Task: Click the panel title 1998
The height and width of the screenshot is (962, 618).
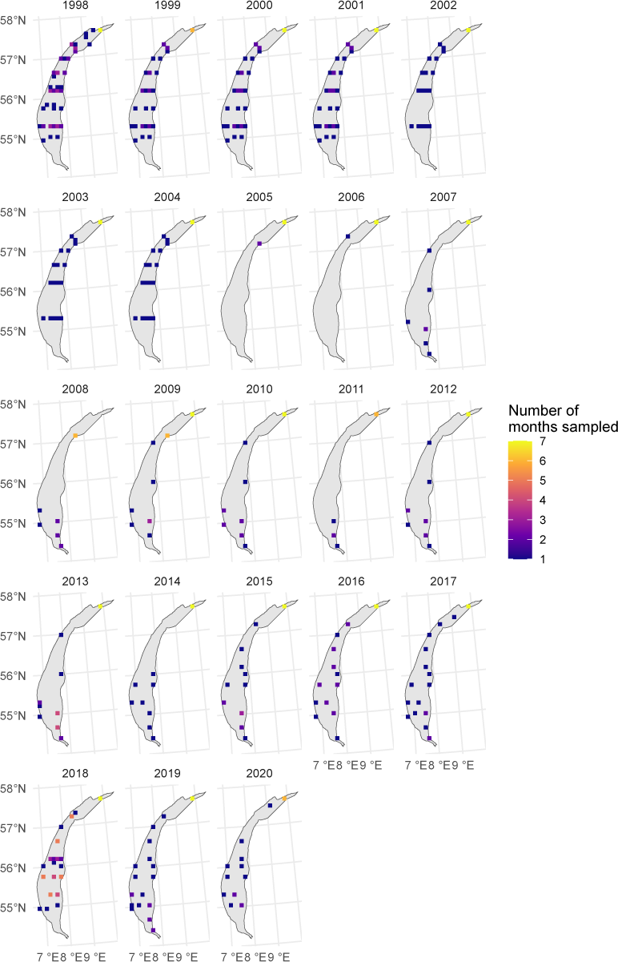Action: click(75, 5)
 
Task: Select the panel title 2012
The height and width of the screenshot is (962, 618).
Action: click(443, 389)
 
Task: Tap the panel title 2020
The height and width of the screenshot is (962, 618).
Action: click(259, 774)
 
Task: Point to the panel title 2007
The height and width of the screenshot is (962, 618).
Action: click(443, 197)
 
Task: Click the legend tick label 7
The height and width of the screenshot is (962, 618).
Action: click(543, 441)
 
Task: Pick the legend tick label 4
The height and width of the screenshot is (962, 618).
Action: click(543, 501)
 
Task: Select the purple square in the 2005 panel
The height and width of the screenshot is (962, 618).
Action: click(259, 244)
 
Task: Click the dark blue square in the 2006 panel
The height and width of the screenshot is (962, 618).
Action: click(347, 236)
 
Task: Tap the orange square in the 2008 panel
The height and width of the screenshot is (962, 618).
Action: click(75, 436)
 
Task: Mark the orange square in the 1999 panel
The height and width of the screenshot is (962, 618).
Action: click(192, 30)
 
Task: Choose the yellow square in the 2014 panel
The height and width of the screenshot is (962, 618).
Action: click(192, 606)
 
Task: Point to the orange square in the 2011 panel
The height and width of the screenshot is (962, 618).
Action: click(376, 414)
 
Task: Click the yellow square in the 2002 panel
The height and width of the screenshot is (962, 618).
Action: click(468, 30)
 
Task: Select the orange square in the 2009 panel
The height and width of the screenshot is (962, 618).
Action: click(167, 436)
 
